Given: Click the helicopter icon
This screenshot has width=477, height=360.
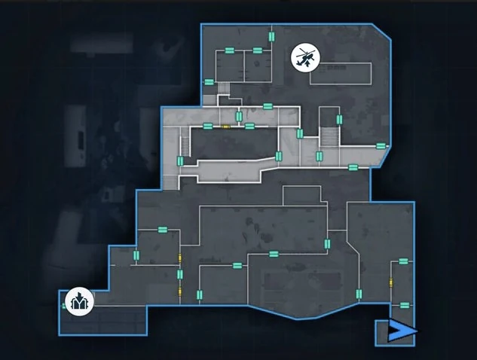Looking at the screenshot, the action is click(x=304, y=56).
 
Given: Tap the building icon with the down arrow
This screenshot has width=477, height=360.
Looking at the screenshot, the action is click(x=78, y=301).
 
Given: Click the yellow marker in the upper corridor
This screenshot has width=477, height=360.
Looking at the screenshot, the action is click(x=225, y=127).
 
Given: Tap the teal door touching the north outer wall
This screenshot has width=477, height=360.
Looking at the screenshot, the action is click(x=271, y=36).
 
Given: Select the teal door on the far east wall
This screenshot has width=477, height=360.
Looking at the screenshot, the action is click(x=381, y=145).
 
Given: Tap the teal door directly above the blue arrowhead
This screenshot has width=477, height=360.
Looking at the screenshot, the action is click(x=405, y=305).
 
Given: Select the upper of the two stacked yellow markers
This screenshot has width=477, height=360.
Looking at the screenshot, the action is click(x=179, y=258).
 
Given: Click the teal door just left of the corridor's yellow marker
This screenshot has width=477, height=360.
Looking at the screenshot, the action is click(x=208, y=125).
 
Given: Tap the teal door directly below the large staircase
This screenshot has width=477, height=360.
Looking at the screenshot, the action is click(x=319, y=157).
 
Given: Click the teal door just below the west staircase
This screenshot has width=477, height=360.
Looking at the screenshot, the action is click(x=180, y=160).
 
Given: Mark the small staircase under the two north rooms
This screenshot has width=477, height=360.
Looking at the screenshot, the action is click(x=224, y=88).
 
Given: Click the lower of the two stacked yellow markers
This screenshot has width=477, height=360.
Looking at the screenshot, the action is click(x=179, y=292).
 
